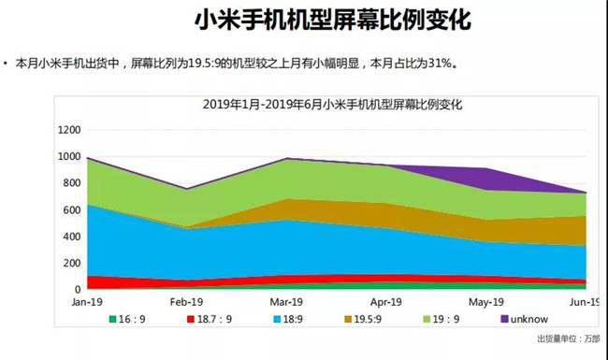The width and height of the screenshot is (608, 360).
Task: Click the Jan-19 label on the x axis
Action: pyautogui.click(x=86, y=304)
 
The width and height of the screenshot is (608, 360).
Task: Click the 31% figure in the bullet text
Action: pyautogui.click(x=448, y=65)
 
